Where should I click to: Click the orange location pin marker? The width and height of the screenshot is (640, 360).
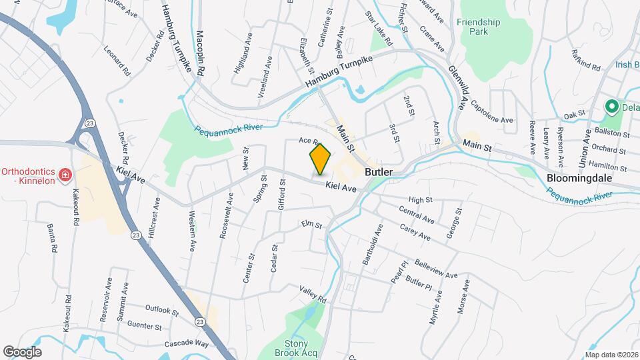point(320,159)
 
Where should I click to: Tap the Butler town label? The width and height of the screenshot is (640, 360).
point(378,171)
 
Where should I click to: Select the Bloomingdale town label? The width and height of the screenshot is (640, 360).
point(579,178)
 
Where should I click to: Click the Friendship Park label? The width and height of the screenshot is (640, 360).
point(478,27)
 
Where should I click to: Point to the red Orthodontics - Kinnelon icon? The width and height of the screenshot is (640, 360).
point(65,175)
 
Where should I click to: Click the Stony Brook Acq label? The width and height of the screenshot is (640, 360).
point(297,348)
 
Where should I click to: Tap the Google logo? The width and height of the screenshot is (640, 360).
point(22,352)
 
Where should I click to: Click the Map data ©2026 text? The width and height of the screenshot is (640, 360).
point(611,355)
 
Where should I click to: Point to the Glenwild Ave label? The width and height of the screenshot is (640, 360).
point(456,83)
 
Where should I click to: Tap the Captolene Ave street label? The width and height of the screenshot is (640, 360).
point(492,111)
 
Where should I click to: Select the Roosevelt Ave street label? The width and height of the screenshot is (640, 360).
point(225,215)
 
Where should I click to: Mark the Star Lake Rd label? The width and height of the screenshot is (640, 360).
point(378,28)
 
